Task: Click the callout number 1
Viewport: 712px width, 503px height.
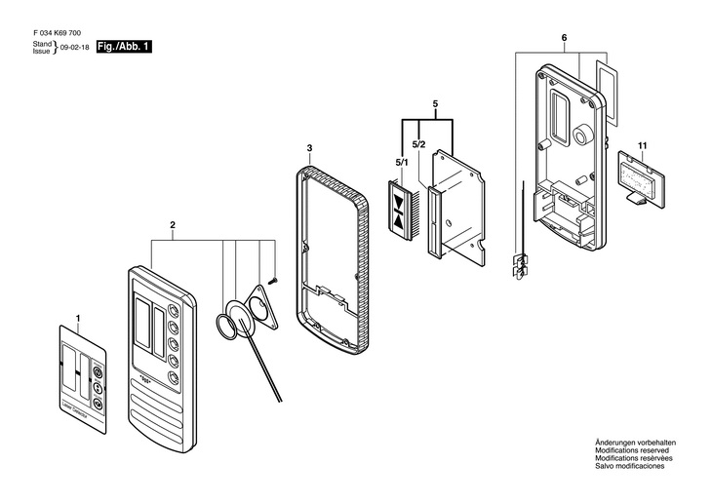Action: tap(79, 318)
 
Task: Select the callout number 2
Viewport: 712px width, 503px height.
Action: tap(173, 226)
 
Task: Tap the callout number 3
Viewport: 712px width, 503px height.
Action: tap(309, 148)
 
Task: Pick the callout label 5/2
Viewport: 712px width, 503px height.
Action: tap(418, 144)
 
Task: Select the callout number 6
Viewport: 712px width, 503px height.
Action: tap(564, 38)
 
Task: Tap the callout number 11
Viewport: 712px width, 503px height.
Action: tap(642, 146)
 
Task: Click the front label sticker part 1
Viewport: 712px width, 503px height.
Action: tap(83, 376)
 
